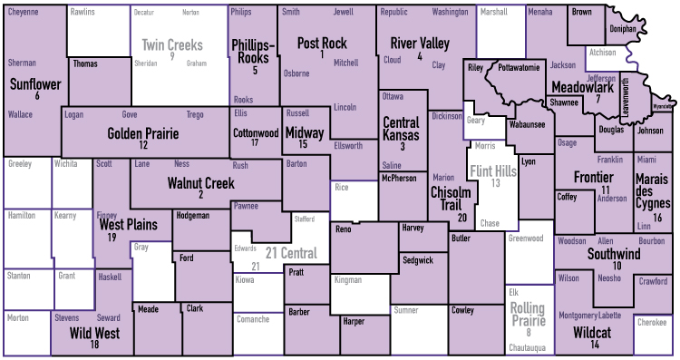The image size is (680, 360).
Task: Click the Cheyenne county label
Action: [x=24, y=13]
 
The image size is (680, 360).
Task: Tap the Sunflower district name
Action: [x=35, y=84]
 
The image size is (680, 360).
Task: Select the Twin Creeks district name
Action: [x=171, y=44]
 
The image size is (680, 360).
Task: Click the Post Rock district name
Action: [x=322, y=44]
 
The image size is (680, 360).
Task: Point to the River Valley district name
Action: [x=420, y=44]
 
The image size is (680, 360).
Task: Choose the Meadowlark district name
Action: [x=582, y=87]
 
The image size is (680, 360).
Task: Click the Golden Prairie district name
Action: [x=143, y=133]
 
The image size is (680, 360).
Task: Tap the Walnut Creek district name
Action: [x=200, y=183]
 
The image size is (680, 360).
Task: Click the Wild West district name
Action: [x=94, y=333]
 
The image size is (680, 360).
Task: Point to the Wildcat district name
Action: [x=592, y=333]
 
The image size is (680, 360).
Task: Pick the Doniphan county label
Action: [x=623, y=29]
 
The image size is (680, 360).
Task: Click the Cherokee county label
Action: [x=651, y=323]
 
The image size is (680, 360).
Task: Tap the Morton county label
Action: [x=17, y=318]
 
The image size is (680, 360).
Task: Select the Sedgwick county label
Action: [x=417, y=260]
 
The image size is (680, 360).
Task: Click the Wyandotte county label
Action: [x=664, y=106]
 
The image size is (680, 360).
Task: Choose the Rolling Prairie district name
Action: [x=529, y=315]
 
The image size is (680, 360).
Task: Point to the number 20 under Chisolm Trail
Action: [x=462, y=218]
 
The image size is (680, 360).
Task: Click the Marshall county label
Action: [x=493, y=13]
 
